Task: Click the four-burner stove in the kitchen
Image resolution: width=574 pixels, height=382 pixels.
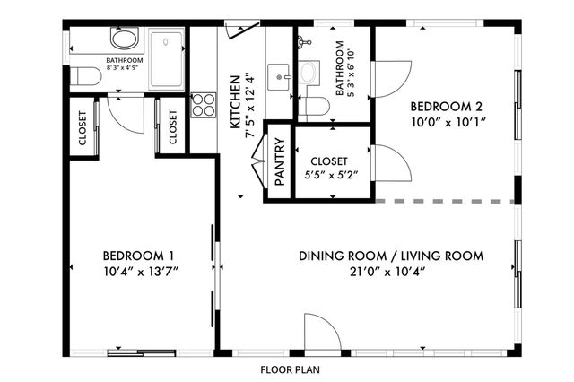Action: click(x=204, y=106)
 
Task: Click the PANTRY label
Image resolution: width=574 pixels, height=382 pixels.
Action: click(x=279, y=162)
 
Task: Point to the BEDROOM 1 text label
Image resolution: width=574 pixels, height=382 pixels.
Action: click(x=138, y=254)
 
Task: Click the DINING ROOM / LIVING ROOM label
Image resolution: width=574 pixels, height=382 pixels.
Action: click(x=391, y=256)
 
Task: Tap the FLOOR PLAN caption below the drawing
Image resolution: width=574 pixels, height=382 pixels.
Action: click(x=290, y=369)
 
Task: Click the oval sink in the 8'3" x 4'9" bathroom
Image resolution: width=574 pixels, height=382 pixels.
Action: click(x=125, y=39)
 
